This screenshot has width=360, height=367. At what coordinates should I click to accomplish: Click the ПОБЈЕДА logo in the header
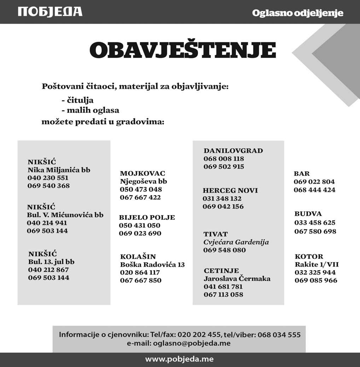(x=50, y=11)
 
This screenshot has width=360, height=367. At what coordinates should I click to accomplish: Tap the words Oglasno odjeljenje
(x=297, y=13)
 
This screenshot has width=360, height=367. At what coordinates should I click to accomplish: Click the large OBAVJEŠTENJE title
(x=182, y=51)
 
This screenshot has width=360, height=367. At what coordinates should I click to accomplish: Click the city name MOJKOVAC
(x=143, y=173)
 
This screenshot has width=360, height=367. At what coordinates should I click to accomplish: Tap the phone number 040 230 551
(x=48, y=178)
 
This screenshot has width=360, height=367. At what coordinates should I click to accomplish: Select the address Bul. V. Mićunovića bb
(x=65, y=215)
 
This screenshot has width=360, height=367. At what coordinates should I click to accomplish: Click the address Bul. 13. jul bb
(x=51, y=262)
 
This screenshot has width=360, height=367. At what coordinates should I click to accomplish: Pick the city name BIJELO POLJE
(x=147, y=217)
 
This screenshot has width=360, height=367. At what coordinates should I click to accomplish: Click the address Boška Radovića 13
(x=152, y=265)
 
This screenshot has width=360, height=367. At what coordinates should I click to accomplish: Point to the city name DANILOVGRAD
(x=233, y=150)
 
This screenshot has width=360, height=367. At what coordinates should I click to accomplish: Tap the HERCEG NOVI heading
(x=230, y=190)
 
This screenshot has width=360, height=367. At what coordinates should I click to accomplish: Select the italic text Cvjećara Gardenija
(x=236, y=242)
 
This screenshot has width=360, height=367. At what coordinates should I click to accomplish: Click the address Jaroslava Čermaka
(x=237, y=279)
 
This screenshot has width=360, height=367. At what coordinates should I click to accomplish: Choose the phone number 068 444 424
(x=314, y=190)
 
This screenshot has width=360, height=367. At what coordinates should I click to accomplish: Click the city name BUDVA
(x=308, y=214)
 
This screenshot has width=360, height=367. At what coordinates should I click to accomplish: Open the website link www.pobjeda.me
(x=179, y=360)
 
